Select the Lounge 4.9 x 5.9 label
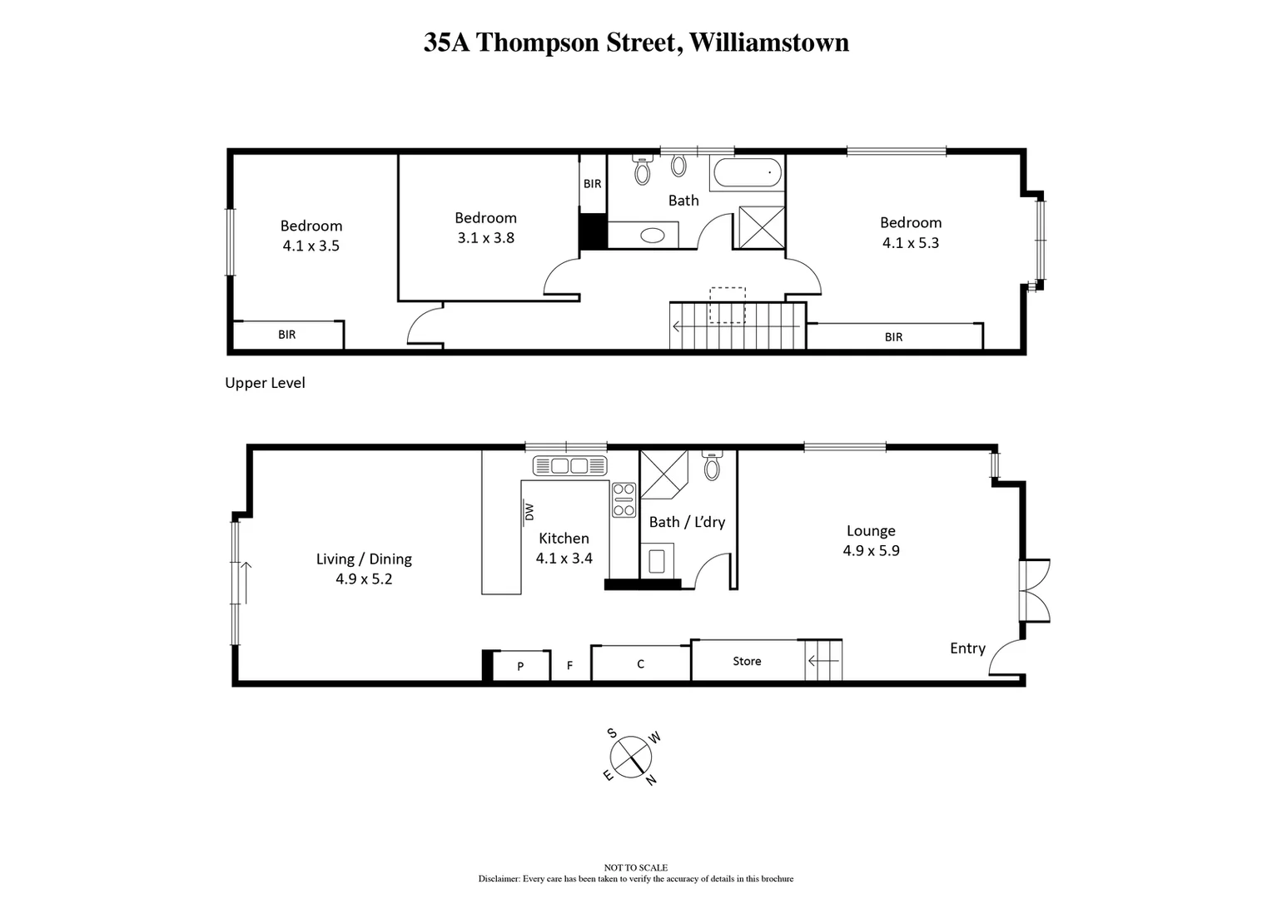[x=871, y=540]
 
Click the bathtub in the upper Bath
[x=747, y=173]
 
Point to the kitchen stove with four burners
[x=624, y=500]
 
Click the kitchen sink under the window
[x=570, y=465]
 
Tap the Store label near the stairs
[x=747, y=661]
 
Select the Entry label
[x=967, y=648]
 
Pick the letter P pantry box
[x=520, y=666]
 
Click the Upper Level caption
[x=265, y=383]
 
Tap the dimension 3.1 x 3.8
[x=485, y=238]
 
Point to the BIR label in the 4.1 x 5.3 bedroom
[x=893, y=337]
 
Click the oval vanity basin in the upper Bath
[x=652, y=236]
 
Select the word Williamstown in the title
[x=769, y=42]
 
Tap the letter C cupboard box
[x=640, y=664]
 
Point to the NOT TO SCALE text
[x=635, y=867]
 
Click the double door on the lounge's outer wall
[x=1034, y=590]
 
